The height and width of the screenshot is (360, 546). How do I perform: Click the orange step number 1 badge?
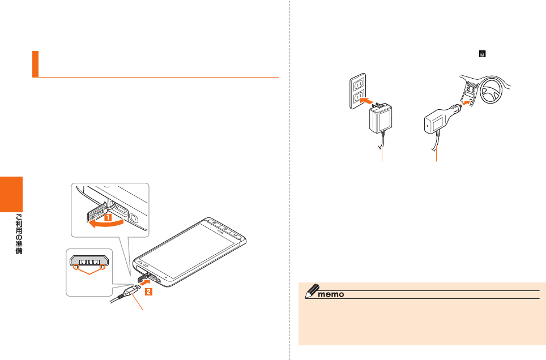[x=105, y=216]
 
